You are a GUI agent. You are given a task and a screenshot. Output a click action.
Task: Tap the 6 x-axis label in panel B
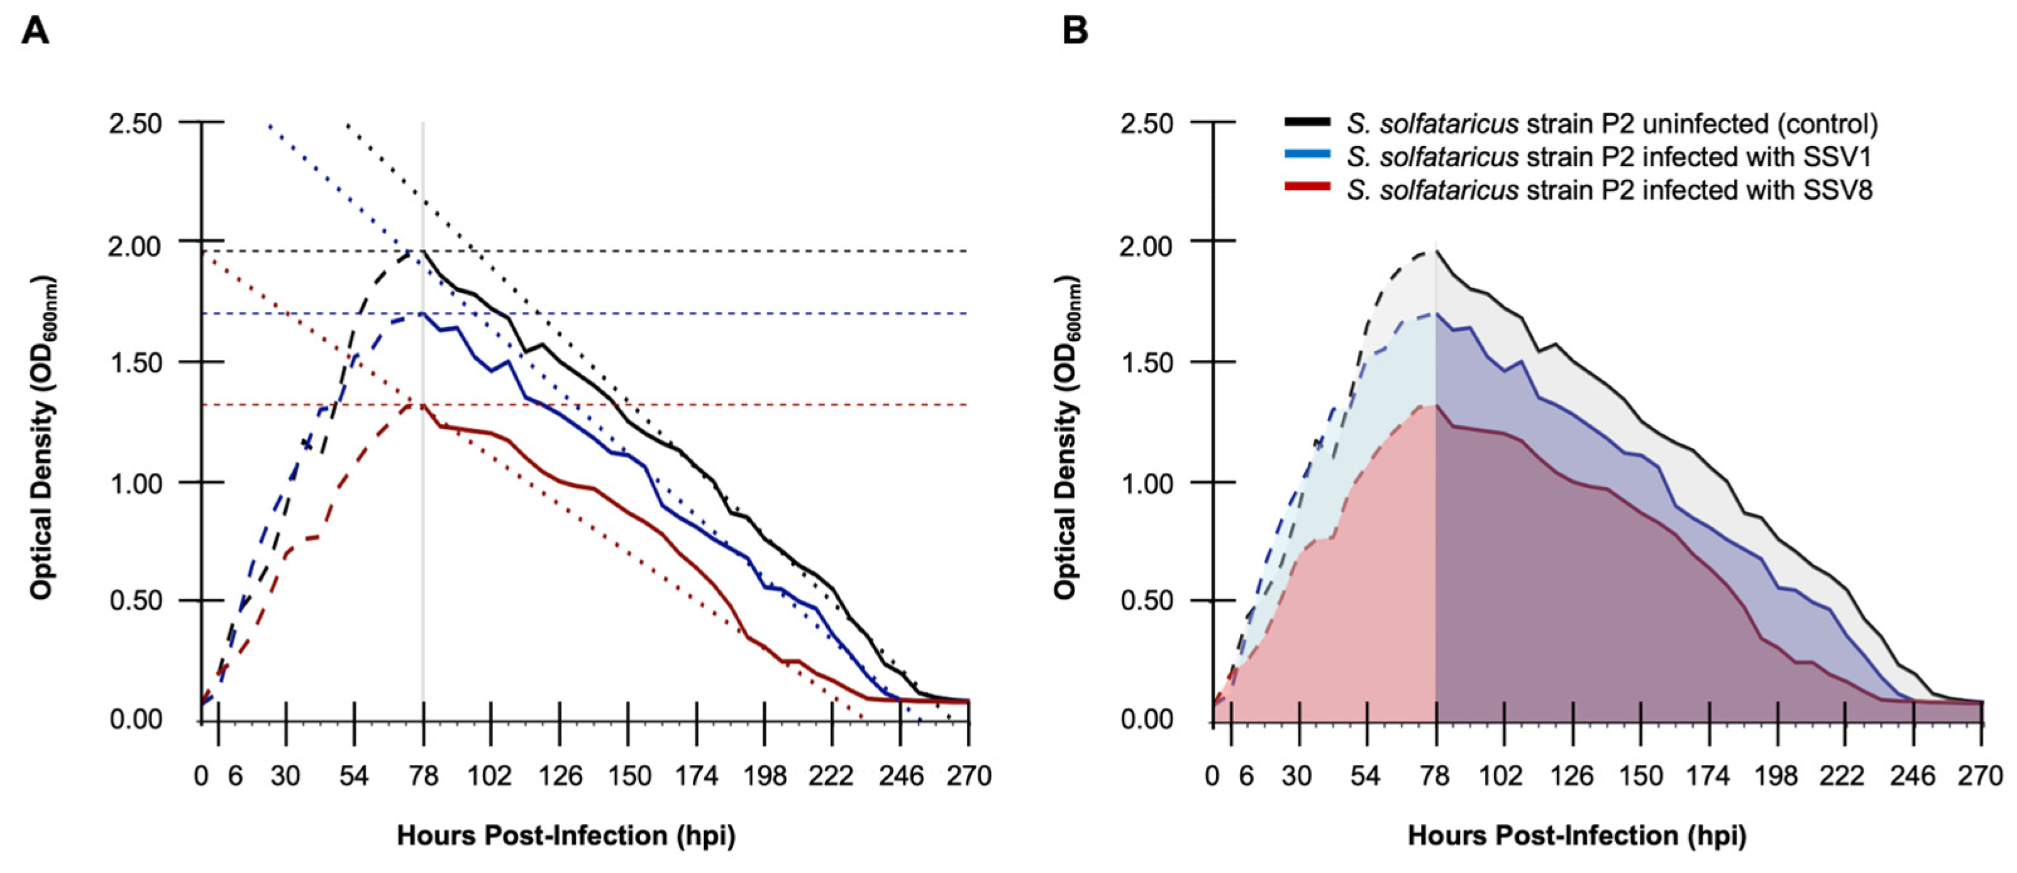click(1247, 776)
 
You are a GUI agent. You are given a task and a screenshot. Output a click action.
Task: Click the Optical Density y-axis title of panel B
click(1066, 438)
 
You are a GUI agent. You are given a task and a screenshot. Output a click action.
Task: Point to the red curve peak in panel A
click(423, 405)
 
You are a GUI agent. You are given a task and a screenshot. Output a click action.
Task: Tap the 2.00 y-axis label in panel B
click(1148, 246)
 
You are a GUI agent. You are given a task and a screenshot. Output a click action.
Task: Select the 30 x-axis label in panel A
click(286, 776)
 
